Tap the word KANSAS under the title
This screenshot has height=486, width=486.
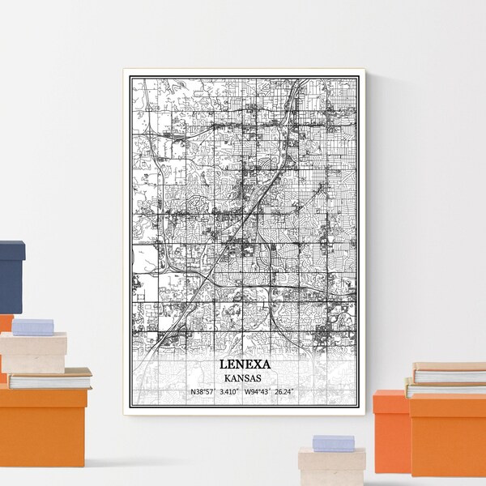pos(244,377)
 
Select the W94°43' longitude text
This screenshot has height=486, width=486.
pos(262,393)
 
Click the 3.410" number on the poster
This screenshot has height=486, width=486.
pos(235,393)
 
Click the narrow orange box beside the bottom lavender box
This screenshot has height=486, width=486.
pos(390,429)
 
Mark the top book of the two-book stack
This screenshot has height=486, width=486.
pos(450,373)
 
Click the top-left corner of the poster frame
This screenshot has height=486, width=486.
pos(125,70)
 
